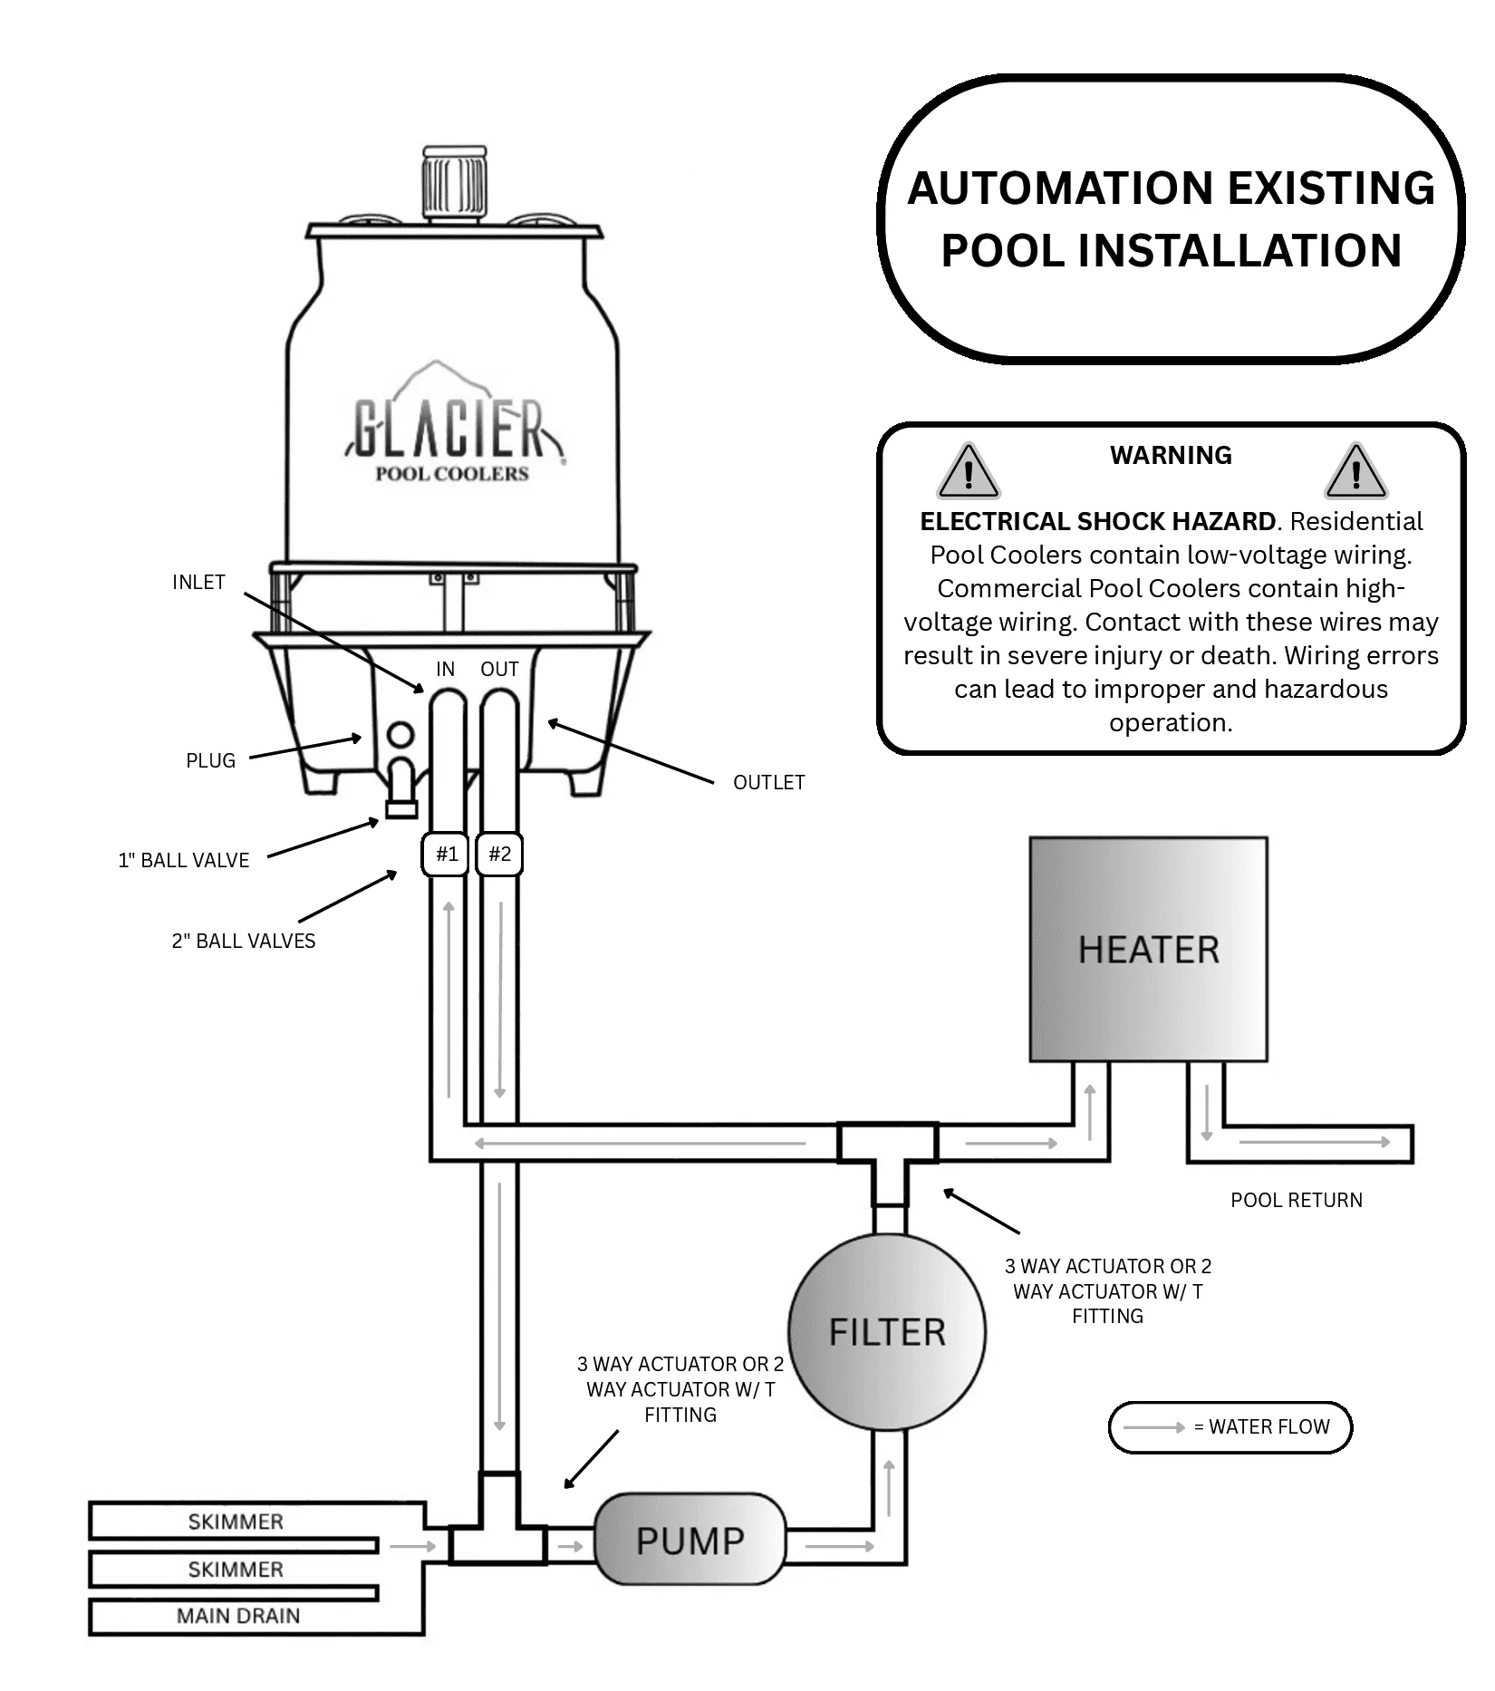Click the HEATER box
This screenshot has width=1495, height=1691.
click(1148, 949)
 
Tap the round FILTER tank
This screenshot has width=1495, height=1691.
click(887, 1331)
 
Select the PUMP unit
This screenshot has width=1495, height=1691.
click(690, 1540)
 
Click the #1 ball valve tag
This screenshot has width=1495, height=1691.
click(446, 854)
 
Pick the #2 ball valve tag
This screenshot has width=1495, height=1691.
click(499, 854)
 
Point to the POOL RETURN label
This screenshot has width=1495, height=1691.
click(1297, 1200)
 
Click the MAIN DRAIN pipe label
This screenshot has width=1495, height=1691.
click(238, 1616)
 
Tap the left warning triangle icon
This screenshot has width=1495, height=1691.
click(969, 471)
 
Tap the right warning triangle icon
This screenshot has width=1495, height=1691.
click(1355, 471)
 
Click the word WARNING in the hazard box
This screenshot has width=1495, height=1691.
click(1171, 455)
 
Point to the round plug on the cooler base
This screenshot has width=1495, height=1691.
click(400, 735)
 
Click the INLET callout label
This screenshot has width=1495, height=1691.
click(198, 582)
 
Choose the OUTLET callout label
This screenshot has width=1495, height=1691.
click(768, 782)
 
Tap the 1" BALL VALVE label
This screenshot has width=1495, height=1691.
click(184, 860)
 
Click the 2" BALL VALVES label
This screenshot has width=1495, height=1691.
click(244, 941)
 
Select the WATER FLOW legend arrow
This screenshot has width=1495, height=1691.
click(1154, 1427)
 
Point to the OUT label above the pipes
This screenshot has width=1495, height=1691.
click(499, 669)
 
